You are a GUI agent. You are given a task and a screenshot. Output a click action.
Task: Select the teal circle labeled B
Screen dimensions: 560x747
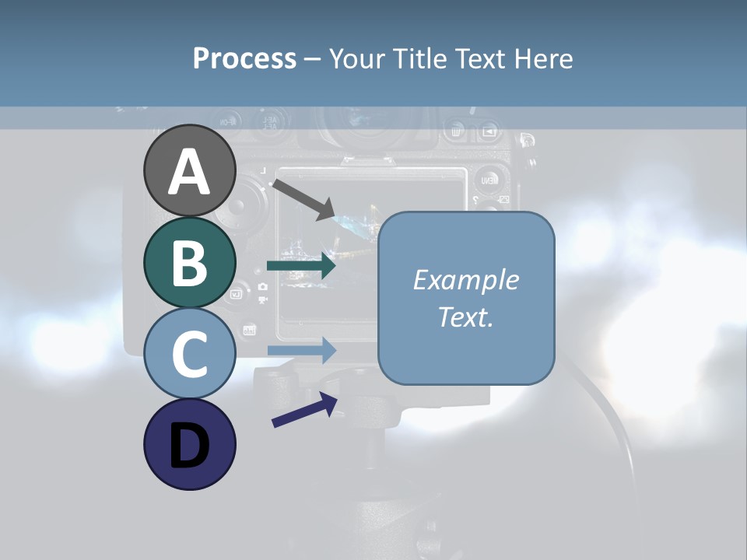click(x=189, y=262)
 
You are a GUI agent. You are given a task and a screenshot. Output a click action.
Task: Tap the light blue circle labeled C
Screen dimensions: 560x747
click(x=189, y=353)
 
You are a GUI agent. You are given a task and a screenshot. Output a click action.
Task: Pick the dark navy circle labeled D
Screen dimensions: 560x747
click(x=189, y=444)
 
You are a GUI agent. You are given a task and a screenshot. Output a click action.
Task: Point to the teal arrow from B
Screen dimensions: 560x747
click(x=301, y=266)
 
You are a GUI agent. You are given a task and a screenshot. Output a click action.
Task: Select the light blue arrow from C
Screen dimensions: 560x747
click(x=301, y=350)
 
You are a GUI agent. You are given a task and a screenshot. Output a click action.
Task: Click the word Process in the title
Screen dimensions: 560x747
click(x=244, y=58)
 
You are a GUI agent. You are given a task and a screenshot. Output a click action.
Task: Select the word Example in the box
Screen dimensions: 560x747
click(x=466, y=280)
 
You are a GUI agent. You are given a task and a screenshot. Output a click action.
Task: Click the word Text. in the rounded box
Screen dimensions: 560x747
click(x=466, y=317)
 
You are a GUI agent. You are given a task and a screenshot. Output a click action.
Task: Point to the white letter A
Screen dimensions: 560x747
click(x=189, y=172)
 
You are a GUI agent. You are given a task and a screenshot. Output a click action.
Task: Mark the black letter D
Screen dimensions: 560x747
click(x=189, y=446)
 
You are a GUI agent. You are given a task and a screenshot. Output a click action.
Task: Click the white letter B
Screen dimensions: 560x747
click(x=189, y=263)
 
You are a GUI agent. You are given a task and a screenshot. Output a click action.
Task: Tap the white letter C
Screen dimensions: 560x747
click(x=189, y=354)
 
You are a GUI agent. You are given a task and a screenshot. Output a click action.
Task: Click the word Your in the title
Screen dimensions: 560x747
click(x=357, y=58)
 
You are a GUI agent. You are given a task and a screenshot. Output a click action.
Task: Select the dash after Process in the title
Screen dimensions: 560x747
click(x=312, y=59)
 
